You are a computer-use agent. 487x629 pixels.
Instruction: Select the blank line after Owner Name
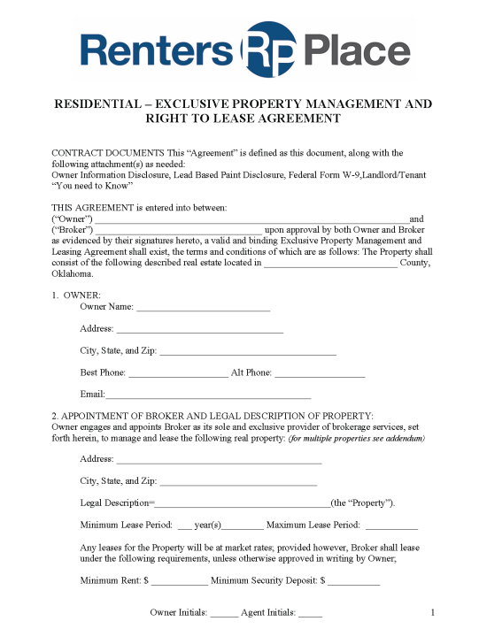203,309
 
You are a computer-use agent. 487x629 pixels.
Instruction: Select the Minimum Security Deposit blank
353,583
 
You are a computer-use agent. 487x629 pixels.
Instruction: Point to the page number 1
432,612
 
